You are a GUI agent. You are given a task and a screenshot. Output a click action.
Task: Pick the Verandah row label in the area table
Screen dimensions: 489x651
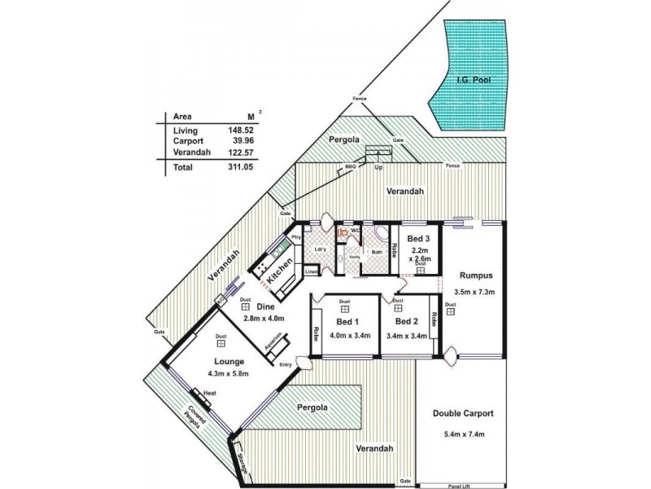(192, 152)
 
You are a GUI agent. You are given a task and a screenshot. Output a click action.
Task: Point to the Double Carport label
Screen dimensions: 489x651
(462, 413)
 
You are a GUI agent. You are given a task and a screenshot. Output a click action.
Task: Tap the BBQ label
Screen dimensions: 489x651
(351, 166)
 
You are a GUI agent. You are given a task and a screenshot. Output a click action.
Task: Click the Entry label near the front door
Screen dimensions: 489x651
(286, 364)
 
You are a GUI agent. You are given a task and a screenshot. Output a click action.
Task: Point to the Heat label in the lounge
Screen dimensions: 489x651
(209, 394)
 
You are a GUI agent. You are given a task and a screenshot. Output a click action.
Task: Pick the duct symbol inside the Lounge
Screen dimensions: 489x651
(221, 345)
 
